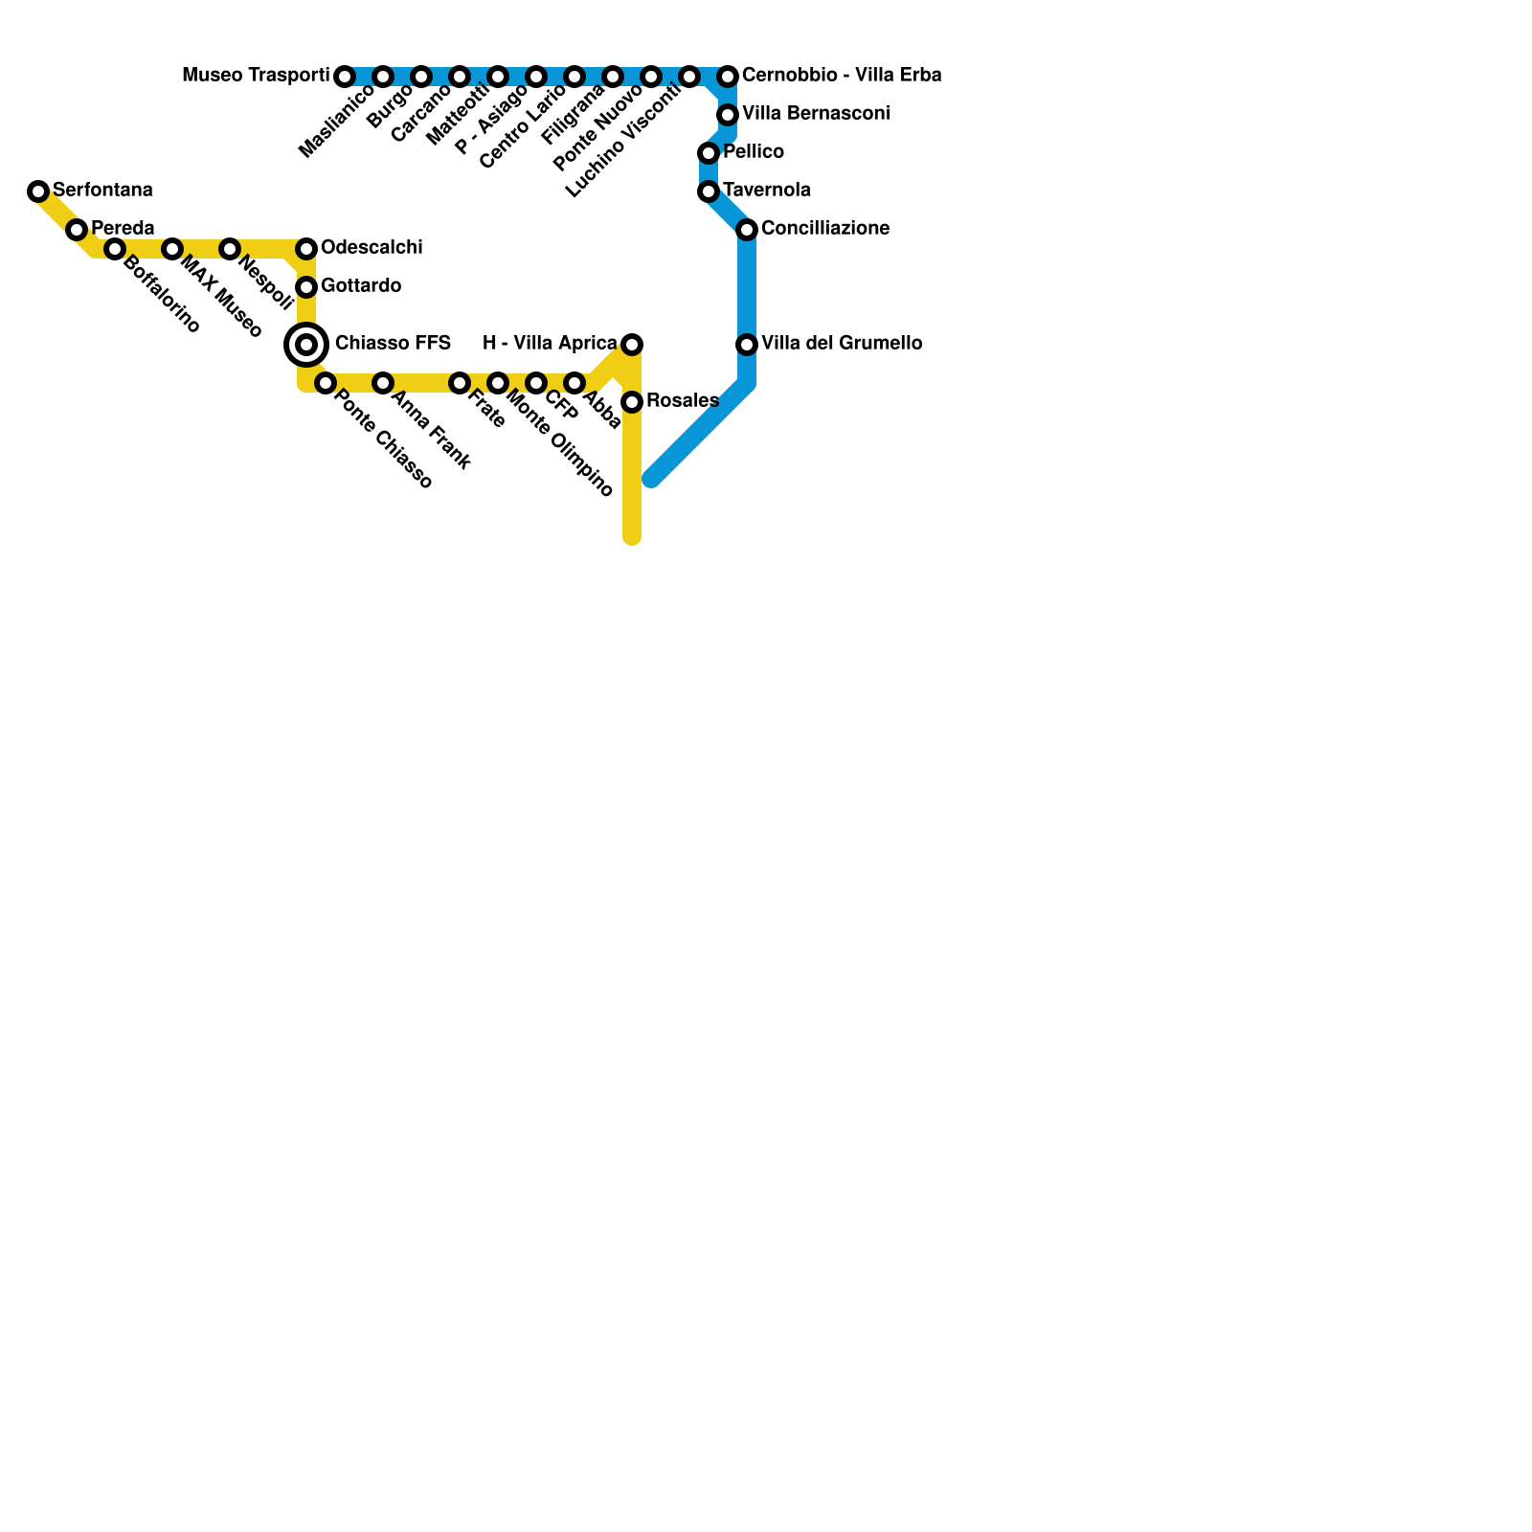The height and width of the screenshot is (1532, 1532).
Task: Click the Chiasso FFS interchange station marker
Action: (x=306, y=345)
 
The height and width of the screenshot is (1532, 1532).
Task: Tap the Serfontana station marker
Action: (x=38, y=191)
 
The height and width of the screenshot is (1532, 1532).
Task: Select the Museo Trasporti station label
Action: (x=256, y=76)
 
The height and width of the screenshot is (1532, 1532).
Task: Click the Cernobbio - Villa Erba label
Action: (x=842, y=76)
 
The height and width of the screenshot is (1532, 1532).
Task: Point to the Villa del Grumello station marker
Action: (x=747, y=345)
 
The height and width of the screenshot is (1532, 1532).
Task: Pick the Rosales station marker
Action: (x=632, y=402)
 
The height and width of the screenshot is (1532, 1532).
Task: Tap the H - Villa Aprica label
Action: (x=550, y=344)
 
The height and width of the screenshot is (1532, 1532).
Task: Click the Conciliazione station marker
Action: (x=747, y=230)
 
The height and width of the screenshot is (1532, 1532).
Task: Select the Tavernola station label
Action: (x=767, y=191)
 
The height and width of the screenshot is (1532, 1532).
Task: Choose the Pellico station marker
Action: (x=709, y=153)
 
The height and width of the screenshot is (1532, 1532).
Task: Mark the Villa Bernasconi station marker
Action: (x=728, y=115)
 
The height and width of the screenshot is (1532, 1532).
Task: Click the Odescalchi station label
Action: (x=372, y=248)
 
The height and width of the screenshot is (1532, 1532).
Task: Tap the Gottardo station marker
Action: (x=306, y=287)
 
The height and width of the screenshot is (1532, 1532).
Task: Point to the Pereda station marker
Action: (x=77, y=230)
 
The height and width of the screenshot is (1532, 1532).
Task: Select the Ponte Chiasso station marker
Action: (x=326, y=383)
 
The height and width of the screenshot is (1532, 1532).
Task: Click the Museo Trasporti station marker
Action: (x=345, y=77)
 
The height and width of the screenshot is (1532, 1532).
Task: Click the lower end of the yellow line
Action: (x=632, y=538)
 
